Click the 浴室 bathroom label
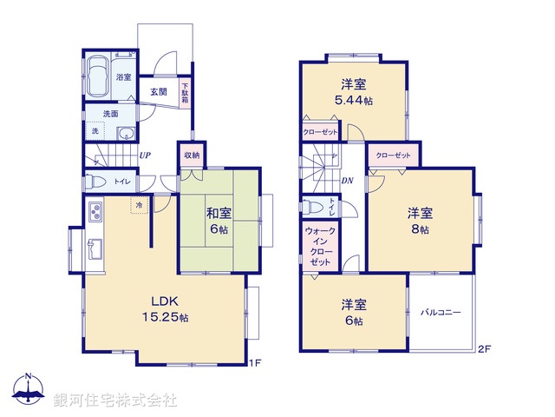pyautogui.click(x=124, y=77)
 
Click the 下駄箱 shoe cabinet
pyautogui.click(x=185, y=92)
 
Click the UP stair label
pyautogui.click(x=146, y=156)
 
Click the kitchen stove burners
pyautogui.click(x=94, y=212)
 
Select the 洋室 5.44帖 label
pyautogui.click(x=353, y=91)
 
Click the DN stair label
pyautogui.click(x=347, y=181)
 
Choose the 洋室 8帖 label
pyautogui.click(x=421, y=222)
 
